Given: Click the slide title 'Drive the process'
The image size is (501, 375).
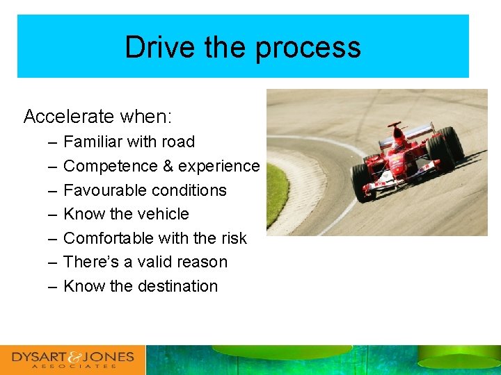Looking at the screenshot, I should point(243,47).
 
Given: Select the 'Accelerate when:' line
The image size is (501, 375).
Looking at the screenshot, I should point(98,116).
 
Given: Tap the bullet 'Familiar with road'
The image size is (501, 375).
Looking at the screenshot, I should point(129,142).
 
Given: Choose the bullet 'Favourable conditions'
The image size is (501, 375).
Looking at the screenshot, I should point(145,190).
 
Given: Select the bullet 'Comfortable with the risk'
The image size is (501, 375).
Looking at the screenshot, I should point(154,238).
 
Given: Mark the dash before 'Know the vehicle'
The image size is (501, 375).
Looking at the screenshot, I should point(54,214).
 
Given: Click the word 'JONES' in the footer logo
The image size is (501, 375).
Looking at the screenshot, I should point(108,357).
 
